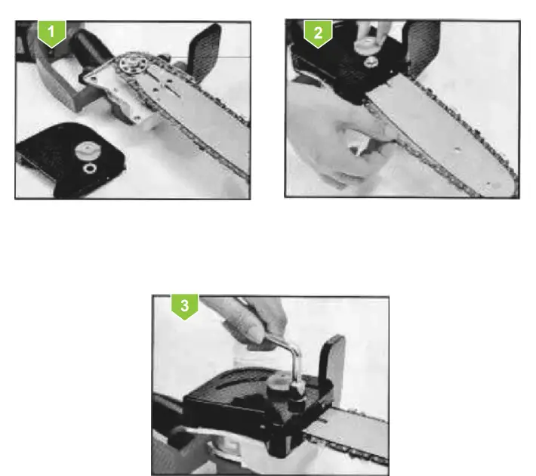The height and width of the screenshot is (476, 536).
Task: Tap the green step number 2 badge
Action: [318, 33]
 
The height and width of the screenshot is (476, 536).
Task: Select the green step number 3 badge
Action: [185, 308]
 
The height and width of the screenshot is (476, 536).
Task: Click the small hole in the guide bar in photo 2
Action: [455, 159]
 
